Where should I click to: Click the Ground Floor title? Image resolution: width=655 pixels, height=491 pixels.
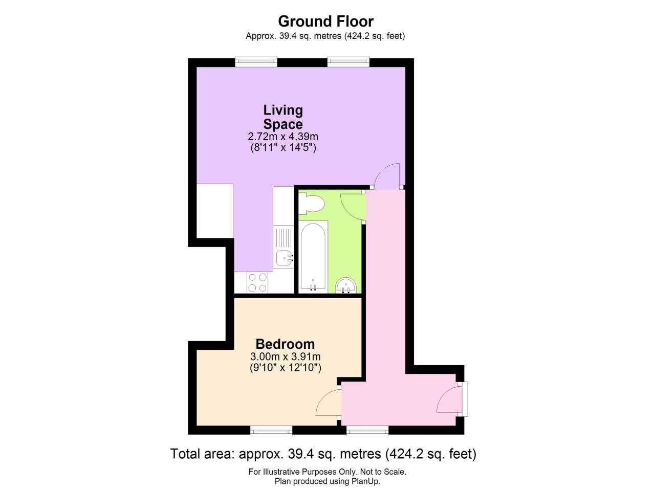click(x=325, y=21)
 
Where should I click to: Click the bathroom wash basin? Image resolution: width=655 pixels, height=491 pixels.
click(x=346, y=285)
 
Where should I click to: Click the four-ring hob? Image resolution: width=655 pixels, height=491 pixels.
click(x=257, y=283)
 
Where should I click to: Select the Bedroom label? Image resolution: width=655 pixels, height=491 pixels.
click(x=285, y=344)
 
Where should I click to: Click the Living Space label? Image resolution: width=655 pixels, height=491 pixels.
click(x=283, y=117)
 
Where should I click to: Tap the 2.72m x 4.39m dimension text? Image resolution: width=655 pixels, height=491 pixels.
click(x=283, y=137)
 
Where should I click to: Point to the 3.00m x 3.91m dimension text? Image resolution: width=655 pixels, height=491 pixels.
click(x=285, y=356)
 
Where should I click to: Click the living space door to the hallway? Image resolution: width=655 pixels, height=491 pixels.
click(x=386, y=176)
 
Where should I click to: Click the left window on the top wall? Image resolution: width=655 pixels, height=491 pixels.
click(x=256, y=62)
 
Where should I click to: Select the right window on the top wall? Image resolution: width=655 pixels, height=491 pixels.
click(x=348, y=62)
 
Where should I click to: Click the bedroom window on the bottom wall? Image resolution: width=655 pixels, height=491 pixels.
click(x=271, y=431)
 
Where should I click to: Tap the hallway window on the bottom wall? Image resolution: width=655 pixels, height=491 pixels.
click(x=367, y=431)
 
